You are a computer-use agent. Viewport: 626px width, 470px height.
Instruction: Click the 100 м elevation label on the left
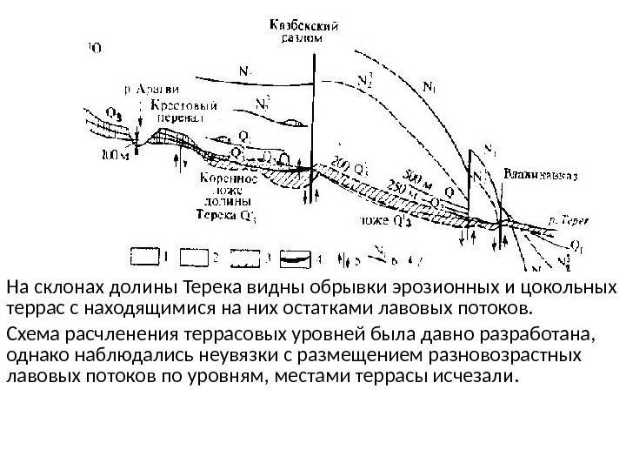coord(114,158)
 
